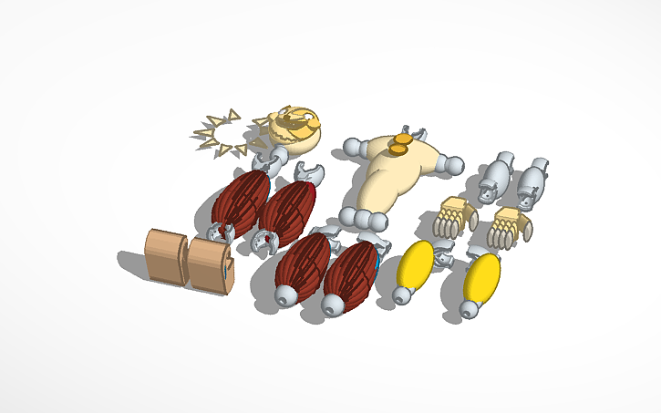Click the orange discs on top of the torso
398,143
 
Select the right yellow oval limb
480,278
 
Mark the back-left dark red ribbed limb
241,199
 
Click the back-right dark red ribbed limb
288,210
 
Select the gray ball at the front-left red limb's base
286,295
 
